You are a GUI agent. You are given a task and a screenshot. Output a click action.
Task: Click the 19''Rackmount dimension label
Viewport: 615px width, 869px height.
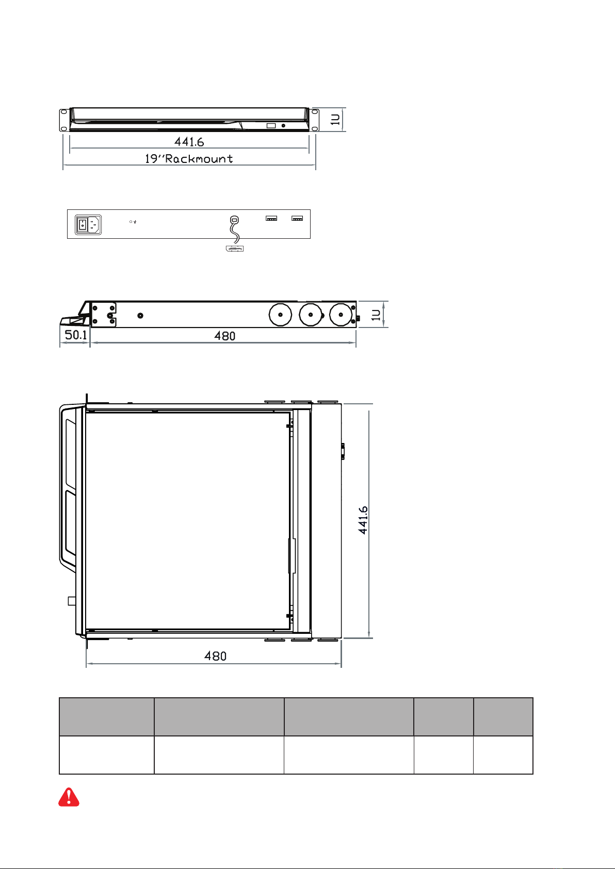tap(189, 159)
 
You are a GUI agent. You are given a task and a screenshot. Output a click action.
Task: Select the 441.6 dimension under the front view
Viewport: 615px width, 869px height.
tap(189, 142)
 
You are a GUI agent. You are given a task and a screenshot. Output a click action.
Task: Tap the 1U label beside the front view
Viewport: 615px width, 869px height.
tap(335, 119)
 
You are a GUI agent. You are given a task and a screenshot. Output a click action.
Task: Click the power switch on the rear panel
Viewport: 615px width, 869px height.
tap(82, 225)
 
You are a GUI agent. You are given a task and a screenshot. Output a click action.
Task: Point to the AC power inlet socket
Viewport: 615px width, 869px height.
tap(94, 225)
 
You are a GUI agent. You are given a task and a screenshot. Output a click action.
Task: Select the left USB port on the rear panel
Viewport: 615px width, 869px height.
tap(271, 219)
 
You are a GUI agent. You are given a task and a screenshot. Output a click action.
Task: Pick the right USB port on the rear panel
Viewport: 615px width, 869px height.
tap(297, 219)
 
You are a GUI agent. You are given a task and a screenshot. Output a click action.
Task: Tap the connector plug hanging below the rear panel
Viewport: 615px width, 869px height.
tap(235, 248)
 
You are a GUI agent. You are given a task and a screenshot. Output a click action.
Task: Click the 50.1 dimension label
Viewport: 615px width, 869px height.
tap(76, 335)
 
